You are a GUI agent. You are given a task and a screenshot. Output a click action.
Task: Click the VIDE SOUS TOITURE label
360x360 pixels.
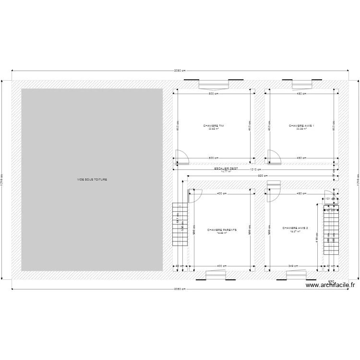[92, 180]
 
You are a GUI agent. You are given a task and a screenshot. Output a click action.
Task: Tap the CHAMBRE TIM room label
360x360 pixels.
[214, 126]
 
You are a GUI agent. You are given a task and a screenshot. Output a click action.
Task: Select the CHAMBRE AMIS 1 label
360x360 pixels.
[301, 126]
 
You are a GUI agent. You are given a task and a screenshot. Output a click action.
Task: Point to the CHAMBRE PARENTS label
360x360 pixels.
[222, 230]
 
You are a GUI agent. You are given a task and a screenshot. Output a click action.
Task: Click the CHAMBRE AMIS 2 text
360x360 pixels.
[295, 228]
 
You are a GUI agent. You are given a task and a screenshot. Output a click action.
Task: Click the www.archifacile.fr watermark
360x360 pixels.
[330, 285]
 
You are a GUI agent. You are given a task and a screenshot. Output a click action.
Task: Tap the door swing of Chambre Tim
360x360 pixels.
[181, 157]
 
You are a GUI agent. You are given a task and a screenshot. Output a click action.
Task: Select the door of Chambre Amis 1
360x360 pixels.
[274, 157]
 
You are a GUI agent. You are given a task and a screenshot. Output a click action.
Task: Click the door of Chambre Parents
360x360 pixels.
[195, 196]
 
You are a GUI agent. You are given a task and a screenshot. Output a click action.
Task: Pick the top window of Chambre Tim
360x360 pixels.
[214, 84]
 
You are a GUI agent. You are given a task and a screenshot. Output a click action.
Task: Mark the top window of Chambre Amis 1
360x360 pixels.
[302, 84]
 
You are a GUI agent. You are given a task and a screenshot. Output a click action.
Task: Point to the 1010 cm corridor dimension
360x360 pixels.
[255, 169]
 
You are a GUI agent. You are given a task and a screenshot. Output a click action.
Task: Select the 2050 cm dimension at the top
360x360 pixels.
[180, 72]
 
